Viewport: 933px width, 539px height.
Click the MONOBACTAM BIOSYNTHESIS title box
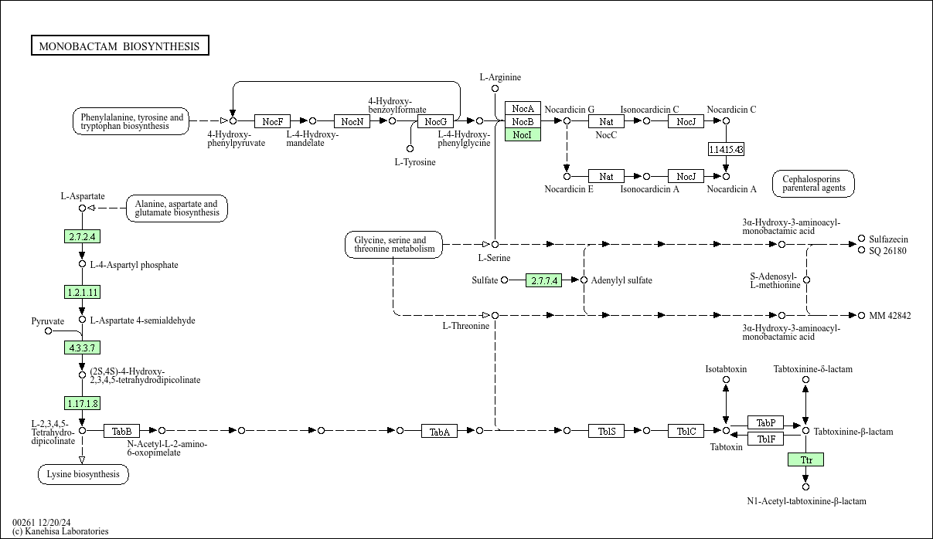pos(120,46)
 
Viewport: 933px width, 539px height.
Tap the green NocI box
pos(523,134)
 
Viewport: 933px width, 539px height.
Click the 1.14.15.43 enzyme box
pos(726,149)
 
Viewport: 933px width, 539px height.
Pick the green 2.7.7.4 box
pos(544,280)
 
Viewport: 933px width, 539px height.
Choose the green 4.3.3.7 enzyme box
pos(82,347)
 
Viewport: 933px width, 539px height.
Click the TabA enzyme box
pos(440,431)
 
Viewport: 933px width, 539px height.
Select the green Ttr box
pos(805,459)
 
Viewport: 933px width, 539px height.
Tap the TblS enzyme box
pos(607,431)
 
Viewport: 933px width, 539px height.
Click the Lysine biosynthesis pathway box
pos(83,474)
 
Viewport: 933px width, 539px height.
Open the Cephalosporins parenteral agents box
pos(812,183)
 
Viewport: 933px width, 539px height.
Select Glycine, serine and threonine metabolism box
pos(394,245)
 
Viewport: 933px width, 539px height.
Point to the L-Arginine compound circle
pos(495,89)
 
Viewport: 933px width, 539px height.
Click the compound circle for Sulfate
pos(505,280)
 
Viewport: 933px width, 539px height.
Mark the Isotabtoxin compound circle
pos(726,380)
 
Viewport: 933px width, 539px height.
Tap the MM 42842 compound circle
pos(862,315)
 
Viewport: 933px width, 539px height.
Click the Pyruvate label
pos(48,320)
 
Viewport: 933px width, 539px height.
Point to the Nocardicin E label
pos(569,189)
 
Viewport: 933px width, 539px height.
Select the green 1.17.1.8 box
pos(82,403)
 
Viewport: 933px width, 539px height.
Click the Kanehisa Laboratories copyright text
pos(60,531)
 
